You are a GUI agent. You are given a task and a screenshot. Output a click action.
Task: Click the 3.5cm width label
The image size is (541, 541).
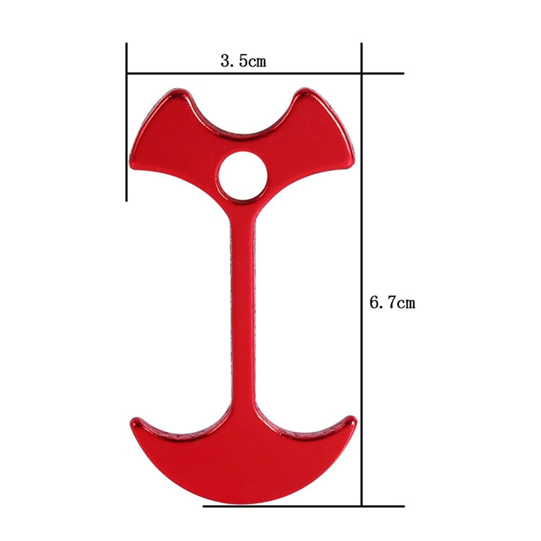tap(243, 61)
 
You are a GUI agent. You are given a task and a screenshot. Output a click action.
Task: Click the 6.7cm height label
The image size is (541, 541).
tap(392, 302)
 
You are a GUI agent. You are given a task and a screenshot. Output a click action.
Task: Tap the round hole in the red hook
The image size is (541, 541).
tap(243, 176)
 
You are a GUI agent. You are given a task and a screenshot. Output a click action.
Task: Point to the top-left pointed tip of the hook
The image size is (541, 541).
tap(177, 94)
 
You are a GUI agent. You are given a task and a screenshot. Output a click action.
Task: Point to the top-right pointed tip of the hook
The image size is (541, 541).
tap(307, 93)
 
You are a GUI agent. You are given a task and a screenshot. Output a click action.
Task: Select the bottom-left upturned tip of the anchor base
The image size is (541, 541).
tap(135, 421)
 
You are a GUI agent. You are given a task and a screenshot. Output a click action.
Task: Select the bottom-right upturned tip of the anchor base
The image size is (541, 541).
tap(351, 420)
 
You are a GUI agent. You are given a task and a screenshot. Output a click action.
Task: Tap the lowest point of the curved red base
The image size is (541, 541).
tap(243, 503)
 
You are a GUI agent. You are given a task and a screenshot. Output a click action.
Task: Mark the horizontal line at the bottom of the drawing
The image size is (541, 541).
tap(303, 506)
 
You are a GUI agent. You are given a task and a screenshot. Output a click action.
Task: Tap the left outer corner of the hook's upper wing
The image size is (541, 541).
tap(133, 163)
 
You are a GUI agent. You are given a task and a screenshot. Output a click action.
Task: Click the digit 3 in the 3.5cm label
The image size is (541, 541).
tap(225, 61)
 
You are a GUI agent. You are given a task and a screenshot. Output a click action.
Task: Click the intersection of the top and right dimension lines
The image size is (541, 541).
tap(361, 74)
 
